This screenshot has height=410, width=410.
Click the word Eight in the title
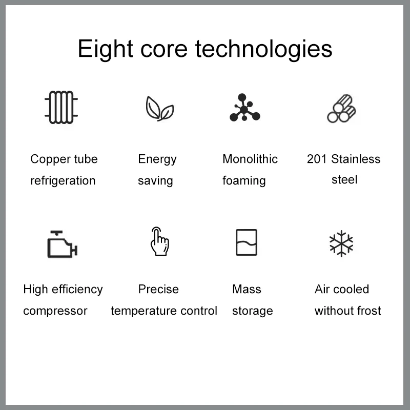pyautogui.click(x=106, y=49)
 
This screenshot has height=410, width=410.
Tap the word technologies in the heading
pyautogui.click(x=263, y=49)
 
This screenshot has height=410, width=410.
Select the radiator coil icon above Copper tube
pyautogui.click(x=61, y=107)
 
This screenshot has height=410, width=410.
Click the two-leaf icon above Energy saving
pyautogui.click(x=159, y=109)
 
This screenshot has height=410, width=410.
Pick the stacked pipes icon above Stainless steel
pyautogui.click(x=341, y=109)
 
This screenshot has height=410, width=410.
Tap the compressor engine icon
pyautogui.click(x=62, y=244)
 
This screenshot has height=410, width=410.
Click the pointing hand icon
pyautogui.click(x=160, y=241)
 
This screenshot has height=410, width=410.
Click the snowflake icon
pyautogui.click(x=341, y=243)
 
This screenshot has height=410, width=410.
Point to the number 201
pyautogui.click(x=317, y=159)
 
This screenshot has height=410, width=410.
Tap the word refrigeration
pyautogui.click(x=63, y=181)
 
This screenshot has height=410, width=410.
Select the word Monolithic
pyautogui.click(x=250, y=159)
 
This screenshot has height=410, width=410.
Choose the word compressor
pyautogui.click(x=55, y=311)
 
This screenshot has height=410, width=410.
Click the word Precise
pyautogui.click(x=158, y=289)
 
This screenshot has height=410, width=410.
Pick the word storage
pyautogui.click(x=252, y=311)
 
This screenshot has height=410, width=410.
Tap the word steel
pyautogui.click(x=344, y=180)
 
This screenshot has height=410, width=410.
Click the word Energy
pyautogui.click(x=157, y=159)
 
